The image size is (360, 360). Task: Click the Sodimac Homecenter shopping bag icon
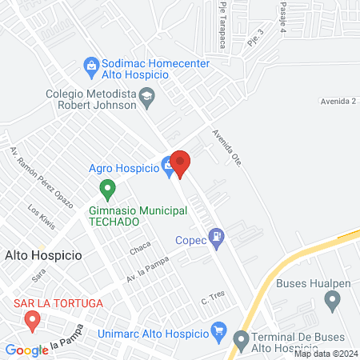91,64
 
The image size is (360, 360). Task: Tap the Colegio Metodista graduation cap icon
147,97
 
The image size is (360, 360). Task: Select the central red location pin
180,163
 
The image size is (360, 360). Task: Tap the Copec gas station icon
216,237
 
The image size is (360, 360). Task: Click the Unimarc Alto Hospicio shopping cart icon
218,330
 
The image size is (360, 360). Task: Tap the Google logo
26,350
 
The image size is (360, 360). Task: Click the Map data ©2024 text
325,354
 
